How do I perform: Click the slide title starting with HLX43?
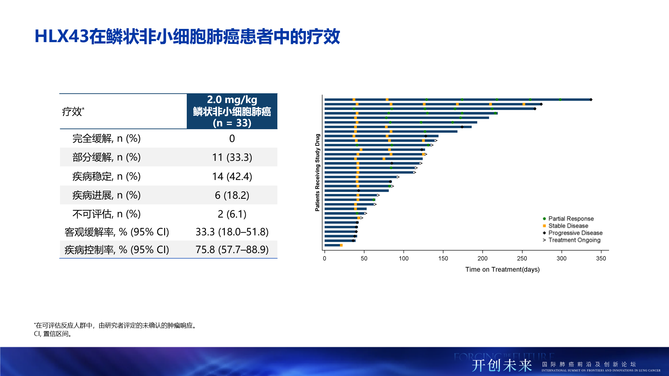pyautogui.click(x=187, y=37)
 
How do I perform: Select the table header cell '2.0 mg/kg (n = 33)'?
pyautogui.click(x=232, y=111)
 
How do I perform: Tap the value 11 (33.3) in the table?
pyautogui.click(x=232, y=157)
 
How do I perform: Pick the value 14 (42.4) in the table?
pyautogui.click(x=232, y=177)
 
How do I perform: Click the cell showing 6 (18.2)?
pyautogui.click(x=232, y=195)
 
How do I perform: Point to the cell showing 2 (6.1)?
pyautogui.click(x=232, y=214)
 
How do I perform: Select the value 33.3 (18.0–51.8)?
pyautogui.click(x=232, y=232)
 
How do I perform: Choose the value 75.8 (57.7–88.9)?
pyautogui.click(x=232, y=250)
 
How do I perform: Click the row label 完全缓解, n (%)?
pyautogui.click(x=106, y=139)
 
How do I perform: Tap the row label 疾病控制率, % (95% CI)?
pyautogui.click(x=117, y=250)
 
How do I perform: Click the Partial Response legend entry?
pyautogui.click(x=570, y=219)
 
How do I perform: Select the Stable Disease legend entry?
pyautogui.click(x=568, y=226)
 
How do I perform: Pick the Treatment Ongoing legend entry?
pyautogui.click(x=574, y=240)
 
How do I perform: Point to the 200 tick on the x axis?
pyautogui.click(x=483, y=258)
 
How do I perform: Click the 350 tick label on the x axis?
pyautogui.click(x=601, y=258)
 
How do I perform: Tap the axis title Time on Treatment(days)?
pyautogui.click(x=502, y=269)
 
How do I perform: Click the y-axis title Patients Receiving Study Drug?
pyautogui.click(x=317, y=172)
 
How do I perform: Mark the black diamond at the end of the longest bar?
pyautogui.click(x=591, y=100)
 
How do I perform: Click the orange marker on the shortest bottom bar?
pyautogui.click(x=341, y=245)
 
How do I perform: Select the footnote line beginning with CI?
pyautogui.click(x=53, y=334)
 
